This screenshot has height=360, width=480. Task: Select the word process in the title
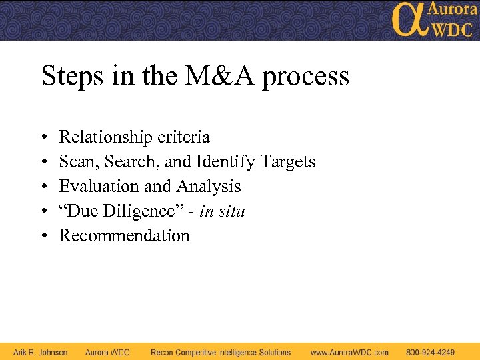305,77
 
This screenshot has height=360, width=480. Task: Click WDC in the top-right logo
451,29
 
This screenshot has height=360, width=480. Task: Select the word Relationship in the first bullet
106,137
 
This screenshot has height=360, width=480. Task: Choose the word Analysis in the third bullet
208,187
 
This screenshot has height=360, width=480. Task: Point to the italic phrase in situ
223,211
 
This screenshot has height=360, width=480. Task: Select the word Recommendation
124,236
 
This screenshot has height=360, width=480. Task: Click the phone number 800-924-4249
430,352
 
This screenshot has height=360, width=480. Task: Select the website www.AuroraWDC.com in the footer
349,352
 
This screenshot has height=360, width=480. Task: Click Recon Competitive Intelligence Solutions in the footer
221,352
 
